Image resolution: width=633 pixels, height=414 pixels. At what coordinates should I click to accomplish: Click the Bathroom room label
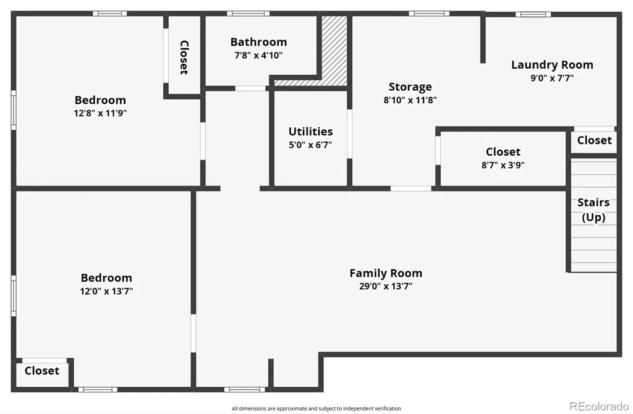click(x=258, y=42)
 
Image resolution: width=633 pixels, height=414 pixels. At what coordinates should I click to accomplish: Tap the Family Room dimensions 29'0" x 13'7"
click(x=386, y=287)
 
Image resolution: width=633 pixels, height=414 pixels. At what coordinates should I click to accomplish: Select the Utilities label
click(x=310, y=132)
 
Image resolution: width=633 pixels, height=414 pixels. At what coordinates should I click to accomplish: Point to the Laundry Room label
click(x=552, y=65)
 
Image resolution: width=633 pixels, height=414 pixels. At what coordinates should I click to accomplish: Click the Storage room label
click(x=410, y=87)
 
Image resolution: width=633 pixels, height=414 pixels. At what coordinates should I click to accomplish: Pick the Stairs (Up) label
click(x=593, y=210)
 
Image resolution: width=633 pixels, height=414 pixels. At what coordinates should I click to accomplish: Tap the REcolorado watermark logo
click(x=599, y=405)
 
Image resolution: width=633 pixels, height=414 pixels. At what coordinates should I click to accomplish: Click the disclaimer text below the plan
click(x=316, y=408)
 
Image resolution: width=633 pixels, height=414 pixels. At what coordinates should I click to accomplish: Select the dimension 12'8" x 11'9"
click(x=100, y=113)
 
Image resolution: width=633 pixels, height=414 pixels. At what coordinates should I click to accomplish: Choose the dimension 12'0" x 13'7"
click(x=106, y=291)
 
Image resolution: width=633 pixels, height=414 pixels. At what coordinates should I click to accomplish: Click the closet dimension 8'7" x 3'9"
click(x=503, y=165)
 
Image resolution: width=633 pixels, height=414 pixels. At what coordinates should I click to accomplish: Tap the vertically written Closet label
click(x=184, y=57)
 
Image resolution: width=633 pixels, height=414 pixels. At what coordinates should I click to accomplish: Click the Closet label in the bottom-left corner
click(x=42, y=371)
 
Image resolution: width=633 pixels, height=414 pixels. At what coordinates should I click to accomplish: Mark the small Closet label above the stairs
click(x=594, y=140)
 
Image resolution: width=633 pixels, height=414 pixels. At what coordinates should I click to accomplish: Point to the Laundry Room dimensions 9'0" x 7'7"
click(x=552, y=78)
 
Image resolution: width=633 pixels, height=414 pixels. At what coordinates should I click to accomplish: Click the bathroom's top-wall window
click(x=249, y=14)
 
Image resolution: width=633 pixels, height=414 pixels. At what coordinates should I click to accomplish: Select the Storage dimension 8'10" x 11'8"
click(x=410, y=100)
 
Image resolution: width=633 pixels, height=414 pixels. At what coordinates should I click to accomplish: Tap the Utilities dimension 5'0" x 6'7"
click(x=310, y=145)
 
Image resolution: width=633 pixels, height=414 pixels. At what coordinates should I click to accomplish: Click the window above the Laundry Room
click(x=533, y=15)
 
